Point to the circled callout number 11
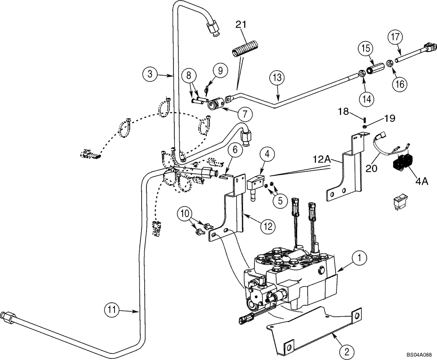point(113,311)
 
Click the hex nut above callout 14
point(362,73)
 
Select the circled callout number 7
point(244,114)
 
